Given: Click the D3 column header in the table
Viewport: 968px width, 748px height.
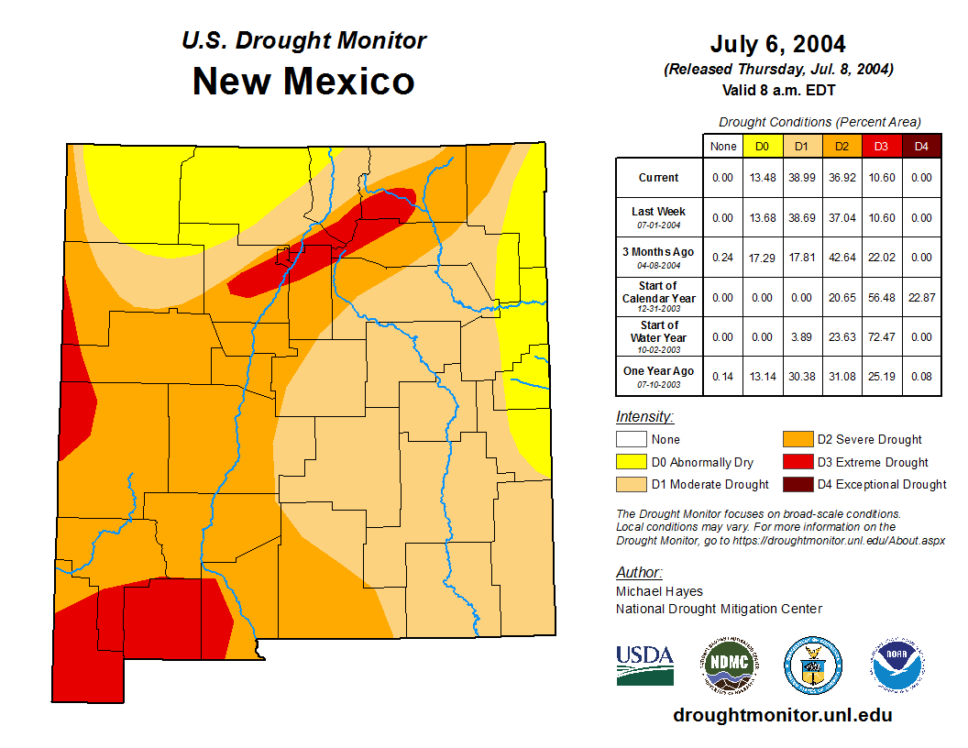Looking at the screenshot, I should point(881,146).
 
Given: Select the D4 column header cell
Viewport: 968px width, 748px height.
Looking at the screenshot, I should point(921,146).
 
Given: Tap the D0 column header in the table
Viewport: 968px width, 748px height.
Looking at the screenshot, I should point(762,146).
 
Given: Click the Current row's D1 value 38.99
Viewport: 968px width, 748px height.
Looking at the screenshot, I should point(801,178).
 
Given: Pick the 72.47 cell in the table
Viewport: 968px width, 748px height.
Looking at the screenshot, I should point(881,336).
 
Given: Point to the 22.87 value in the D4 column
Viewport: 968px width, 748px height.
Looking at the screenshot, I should point(921,297).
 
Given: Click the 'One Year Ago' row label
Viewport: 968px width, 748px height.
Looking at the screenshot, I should point(658,371).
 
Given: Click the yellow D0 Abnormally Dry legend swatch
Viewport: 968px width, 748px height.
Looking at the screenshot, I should point(631,462).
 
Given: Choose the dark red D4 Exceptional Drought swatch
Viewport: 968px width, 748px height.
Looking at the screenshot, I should point(797,484).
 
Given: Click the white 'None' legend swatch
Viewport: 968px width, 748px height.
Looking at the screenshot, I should point(631,440).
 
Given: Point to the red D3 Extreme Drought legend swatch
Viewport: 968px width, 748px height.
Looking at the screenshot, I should point(797,462).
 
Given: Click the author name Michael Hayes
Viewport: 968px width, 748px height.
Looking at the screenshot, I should point(659,592).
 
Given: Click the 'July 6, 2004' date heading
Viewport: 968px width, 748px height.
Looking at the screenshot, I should point(777,44).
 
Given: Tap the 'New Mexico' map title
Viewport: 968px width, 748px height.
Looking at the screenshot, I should point(303,82).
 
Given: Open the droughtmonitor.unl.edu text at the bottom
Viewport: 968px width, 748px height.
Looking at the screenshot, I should point(782,715).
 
